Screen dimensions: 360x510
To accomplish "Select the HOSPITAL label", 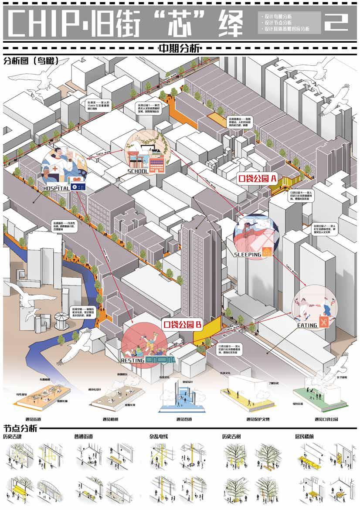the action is pos(57,188).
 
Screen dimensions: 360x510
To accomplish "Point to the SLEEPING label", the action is pos(248,255).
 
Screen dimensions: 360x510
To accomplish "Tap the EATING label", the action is pos(307,325).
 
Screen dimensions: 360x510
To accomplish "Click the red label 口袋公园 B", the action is pos(182,324).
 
